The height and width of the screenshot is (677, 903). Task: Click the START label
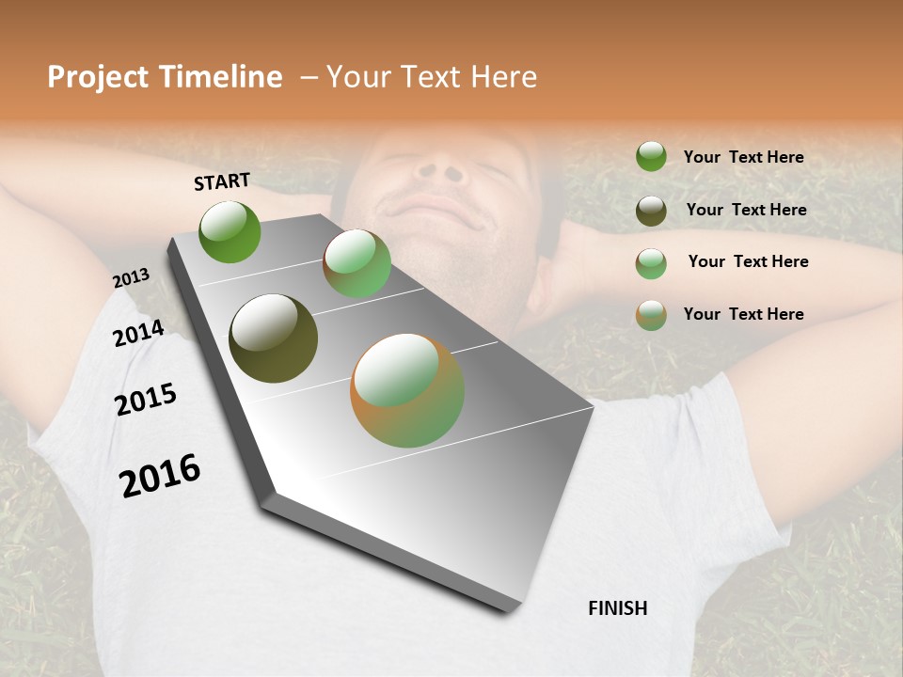(x=222, y=181)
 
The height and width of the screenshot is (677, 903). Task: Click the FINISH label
(x=617, y=608)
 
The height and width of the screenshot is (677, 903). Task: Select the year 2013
(x=132, y=278)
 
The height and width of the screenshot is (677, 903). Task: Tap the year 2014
(x=138, y=334)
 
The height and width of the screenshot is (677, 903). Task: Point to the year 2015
(x=146, y=400)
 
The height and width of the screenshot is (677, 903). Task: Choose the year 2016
(x=160, y=476)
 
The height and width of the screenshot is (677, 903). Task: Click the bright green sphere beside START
(x=230, y=231)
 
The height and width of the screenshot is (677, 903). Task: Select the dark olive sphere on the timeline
(x=273, y=338)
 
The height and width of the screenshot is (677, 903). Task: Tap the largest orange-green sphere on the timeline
(x=407, y=390)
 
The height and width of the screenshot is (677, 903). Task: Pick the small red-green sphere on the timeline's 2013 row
(x=356, y=263)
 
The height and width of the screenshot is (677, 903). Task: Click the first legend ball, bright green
(x=651, y=156)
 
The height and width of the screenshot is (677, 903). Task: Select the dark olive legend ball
(x=651, y=211)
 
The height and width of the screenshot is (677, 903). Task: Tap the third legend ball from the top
(x=651, y=263)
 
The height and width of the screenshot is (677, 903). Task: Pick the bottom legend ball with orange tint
(x=651, y=315)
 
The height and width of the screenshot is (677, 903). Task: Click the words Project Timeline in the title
(x=165, y=77)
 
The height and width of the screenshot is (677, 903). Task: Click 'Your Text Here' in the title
(x=432, y=77)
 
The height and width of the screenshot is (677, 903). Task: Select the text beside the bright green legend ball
(x=743, y=157)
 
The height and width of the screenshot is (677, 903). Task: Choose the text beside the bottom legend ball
(x=743, y=314)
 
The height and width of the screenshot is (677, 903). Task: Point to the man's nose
(x=439, y=169)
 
